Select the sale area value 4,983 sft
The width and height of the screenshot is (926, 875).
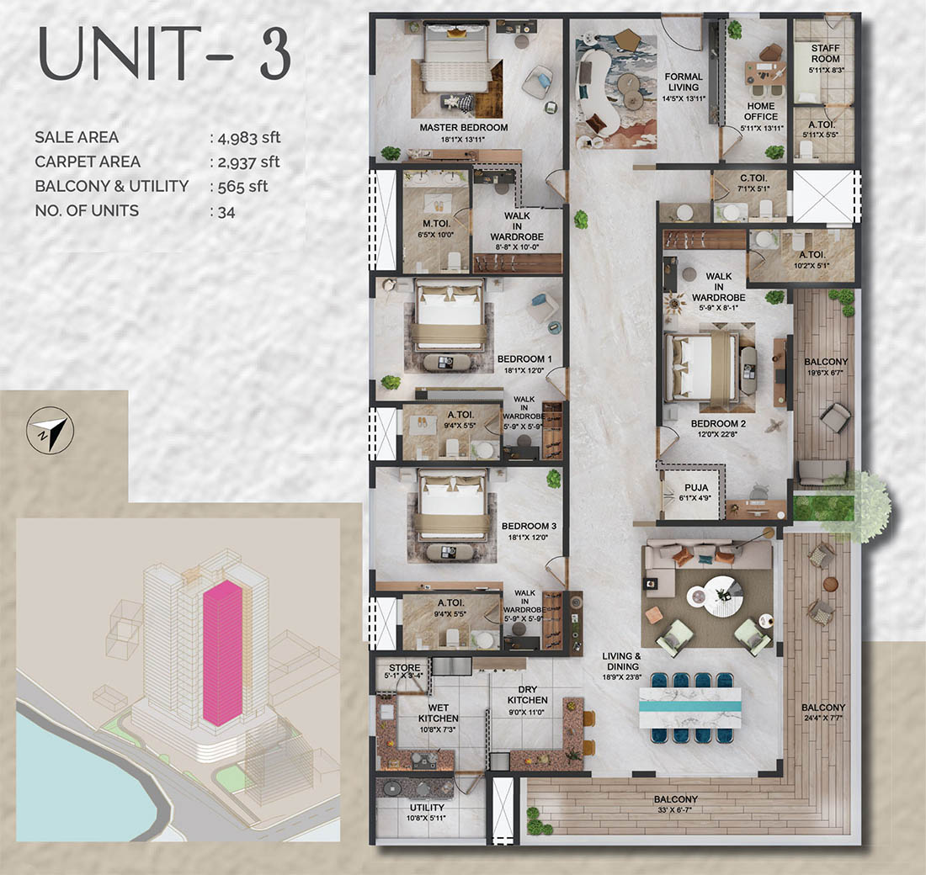tap(245, 138)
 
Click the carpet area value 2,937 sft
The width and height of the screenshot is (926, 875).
tap(245, 162)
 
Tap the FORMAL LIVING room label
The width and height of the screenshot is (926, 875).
tap(683, 82)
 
